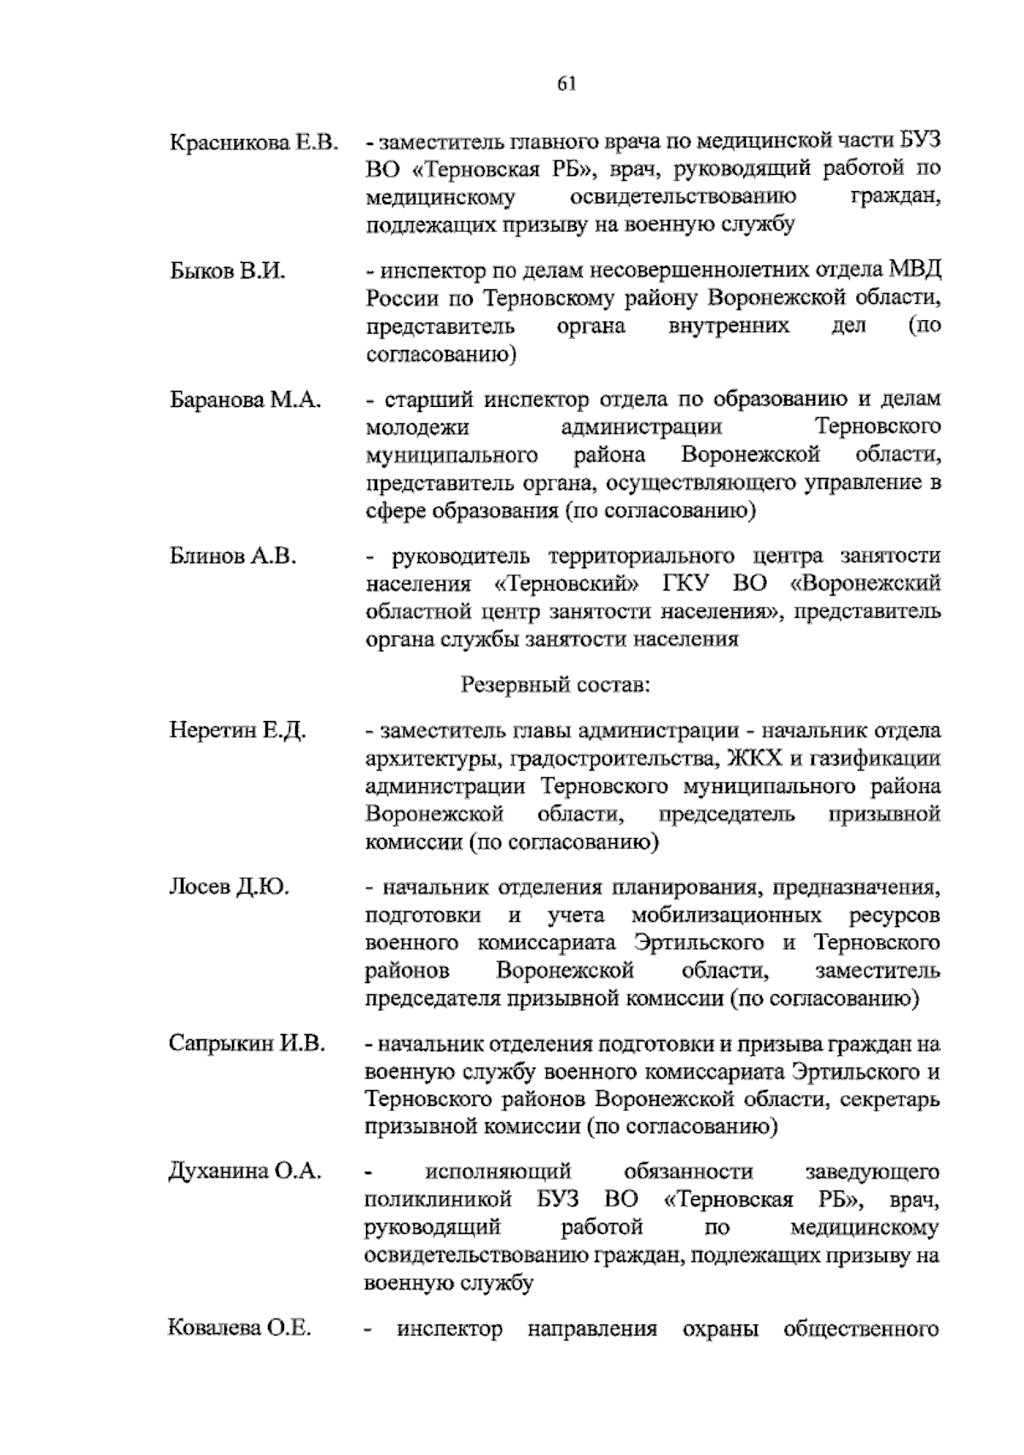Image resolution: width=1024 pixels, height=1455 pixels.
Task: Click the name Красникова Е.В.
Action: point(253,142)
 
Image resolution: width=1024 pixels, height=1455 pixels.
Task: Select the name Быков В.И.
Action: point(226,271)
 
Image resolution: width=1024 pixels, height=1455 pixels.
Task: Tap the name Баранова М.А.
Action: point(245,399)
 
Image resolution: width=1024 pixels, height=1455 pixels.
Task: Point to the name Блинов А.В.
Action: point(232,556)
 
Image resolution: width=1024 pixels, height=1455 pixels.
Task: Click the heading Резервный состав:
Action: point(557,684)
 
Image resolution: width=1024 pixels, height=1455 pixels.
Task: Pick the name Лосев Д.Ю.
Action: point(229,888)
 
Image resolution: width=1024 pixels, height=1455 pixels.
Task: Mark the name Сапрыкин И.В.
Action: point(247,1044)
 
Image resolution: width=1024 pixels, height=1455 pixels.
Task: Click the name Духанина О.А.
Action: point(245,1172)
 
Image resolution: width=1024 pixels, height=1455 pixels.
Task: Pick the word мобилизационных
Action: point(727,916)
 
